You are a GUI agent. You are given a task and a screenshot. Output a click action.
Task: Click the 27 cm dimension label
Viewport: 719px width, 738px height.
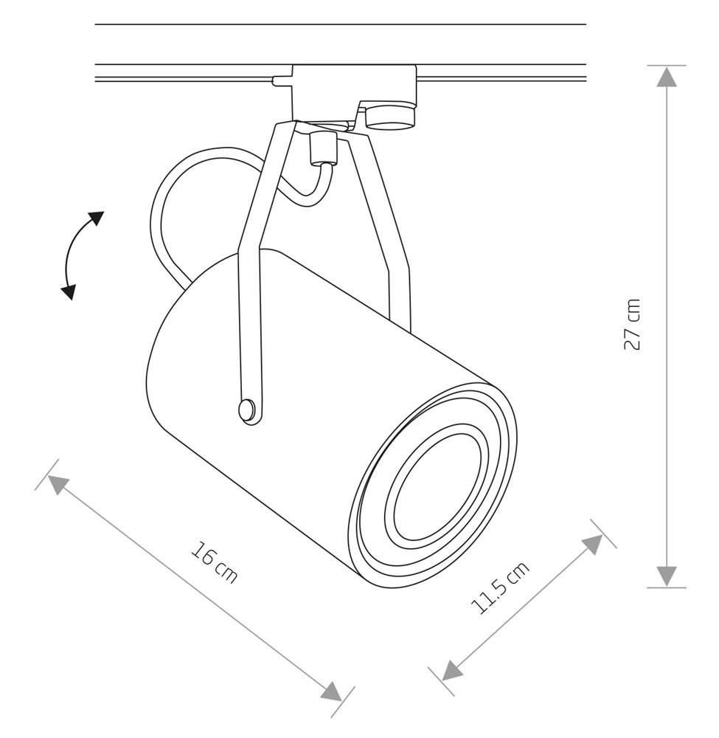point(632,324)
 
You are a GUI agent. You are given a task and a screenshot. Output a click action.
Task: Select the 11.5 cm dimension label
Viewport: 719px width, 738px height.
point(500,587)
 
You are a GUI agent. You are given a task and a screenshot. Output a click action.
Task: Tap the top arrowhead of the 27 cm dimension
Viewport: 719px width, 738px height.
point(667,77)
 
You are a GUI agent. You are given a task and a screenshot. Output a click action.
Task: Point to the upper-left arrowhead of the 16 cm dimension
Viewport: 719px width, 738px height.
point(58,484)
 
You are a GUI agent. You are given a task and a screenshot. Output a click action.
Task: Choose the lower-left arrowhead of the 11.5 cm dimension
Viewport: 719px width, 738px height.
point(452,669)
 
